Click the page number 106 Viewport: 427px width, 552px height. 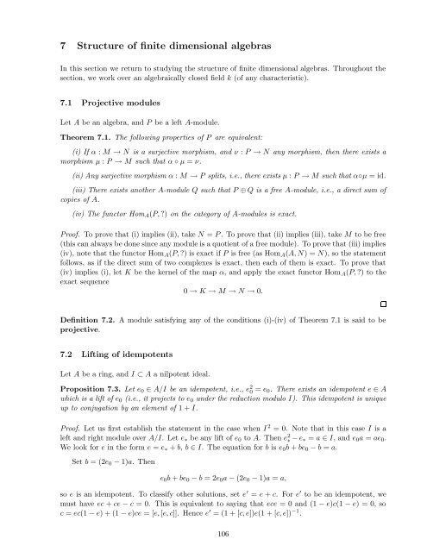point(213,533)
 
